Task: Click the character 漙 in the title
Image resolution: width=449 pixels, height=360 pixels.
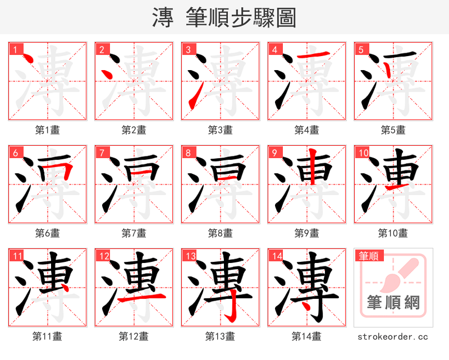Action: (x=163, y=17)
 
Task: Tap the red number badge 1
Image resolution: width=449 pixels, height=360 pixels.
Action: (x=15, y=49)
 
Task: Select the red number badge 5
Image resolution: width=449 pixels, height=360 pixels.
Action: (x=361, y=49)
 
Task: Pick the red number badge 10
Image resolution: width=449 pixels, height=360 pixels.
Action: (x=363, y=153)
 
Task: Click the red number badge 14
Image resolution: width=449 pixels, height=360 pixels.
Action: (x=276, y=256)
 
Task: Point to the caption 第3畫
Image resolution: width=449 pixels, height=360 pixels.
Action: (x=220, y=130)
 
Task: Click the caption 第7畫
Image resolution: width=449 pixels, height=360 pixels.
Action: (x=134, y=233)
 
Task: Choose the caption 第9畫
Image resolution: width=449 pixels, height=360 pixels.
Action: (x=306, y=233)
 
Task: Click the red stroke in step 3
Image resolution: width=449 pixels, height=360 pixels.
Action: (x=193, y=99)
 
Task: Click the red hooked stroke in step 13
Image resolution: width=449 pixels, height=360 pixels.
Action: (x=230, y=308)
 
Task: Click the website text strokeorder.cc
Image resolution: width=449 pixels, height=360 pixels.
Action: (x=393, y=336)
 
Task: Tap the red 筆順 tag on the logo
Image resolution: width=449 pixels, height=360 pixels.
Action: (x=368, y=256)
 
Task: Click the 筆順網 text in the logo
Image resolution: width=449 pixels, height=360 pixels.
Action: (x=393, y=303)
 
